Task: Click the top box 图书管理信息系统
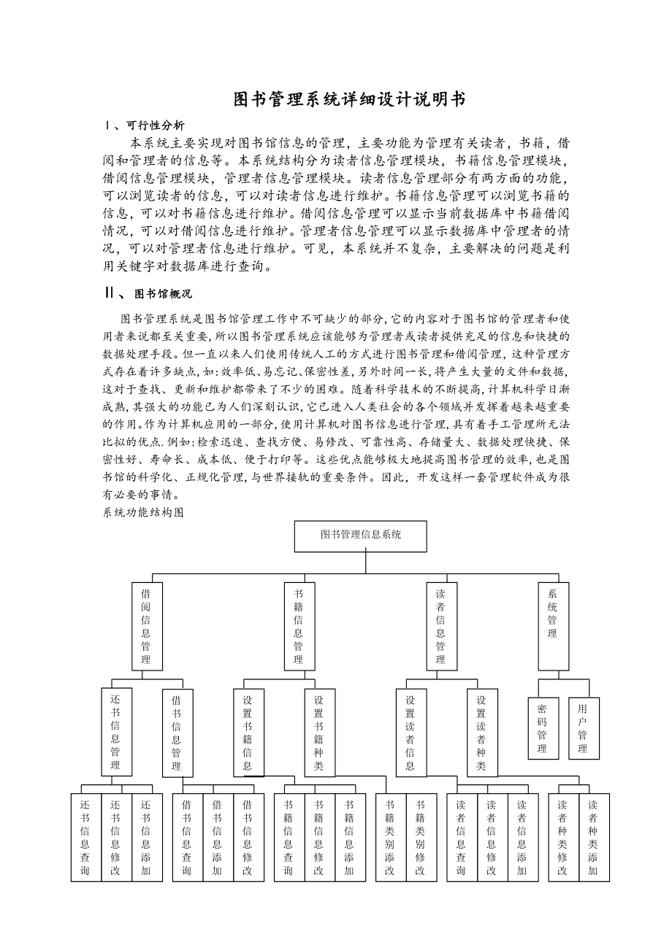click(361, 536)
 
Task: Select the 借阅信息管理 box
click(147, 626)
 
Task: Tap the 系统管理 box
click(553, 626)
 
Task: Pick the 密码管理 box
click(543, 728)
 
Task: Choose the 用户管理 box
click(583, 728)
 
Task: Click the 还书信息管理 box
click(116, 731)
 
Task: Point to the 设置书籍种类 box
click(319, 732)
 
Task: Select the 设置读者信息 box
click(411, 732)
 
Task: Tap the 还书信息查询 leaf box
click(85, 837)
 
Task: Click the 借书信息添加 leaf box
click(217, 837)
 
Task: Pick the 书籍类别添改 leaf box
click(391, 837)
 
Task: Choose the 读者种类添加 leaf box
click(593, 837)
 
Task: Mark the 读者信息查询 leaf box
click(461, 837)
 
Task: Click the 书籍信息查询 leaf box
click(289, 837)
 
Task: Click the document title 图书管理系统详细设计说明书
click(349, 99)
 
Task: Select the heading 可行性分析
click(155, 125)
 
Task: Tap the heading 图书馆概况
click(163, 294)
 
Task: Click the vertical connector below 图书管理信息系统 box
click(366, 563)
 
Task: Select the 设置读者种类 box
click(481, 732)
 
